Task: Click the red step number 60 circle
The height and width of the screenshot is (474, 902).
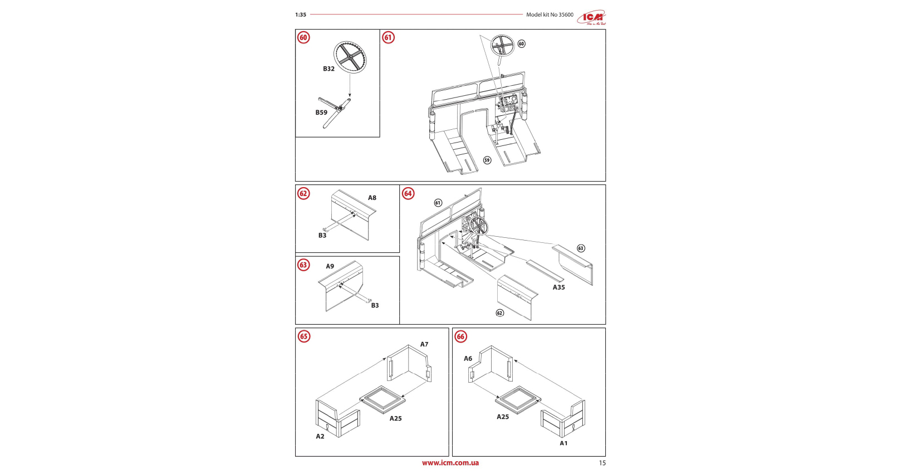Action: coord(303,37)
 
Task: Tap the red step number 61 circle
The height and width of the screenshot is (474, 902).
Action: coord(388,37)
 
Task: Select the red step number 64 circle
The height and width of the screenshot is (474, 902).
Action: coord(408,193)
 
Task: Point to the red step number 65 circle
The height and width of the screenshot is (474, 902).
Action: coord(303,336)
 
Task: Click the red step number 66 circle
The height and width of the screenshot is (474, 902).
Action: coord(460,336)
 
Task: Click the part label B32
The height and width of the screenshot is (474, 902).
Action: coord(329,69)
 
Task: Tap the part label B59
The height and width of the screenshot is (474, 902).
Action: coord(321,113)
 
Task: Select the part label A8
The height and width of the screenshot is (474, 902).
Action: coord(372,198)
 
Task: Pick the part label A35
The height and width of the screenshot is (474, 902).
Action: coord(558,287)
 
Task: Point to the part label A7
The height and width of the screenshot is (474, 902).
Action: coord(424,345)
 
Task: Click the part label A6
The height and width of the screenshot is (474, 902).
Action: coord(468,359)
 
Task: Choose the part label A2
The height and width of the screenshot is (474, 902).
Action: coord(320,437)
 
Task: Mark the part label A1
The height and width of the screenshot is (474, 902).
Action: coord(563,443)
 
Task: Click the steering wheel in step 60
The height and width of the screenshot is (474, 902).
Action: coord(350,57)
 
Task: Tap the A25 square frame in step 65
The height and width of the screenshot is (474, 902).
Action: coord(383,400)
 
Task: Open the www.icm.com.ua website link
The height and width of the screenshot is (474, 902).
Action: coord(450,463)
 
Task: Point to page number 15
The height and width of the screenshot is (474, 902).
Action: coord(602,463)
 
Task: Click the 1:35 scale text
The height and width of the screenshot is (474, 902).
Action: coord(301,15)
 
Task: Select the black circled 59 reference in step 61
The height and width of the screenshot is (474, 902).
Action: coord(487,160)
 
